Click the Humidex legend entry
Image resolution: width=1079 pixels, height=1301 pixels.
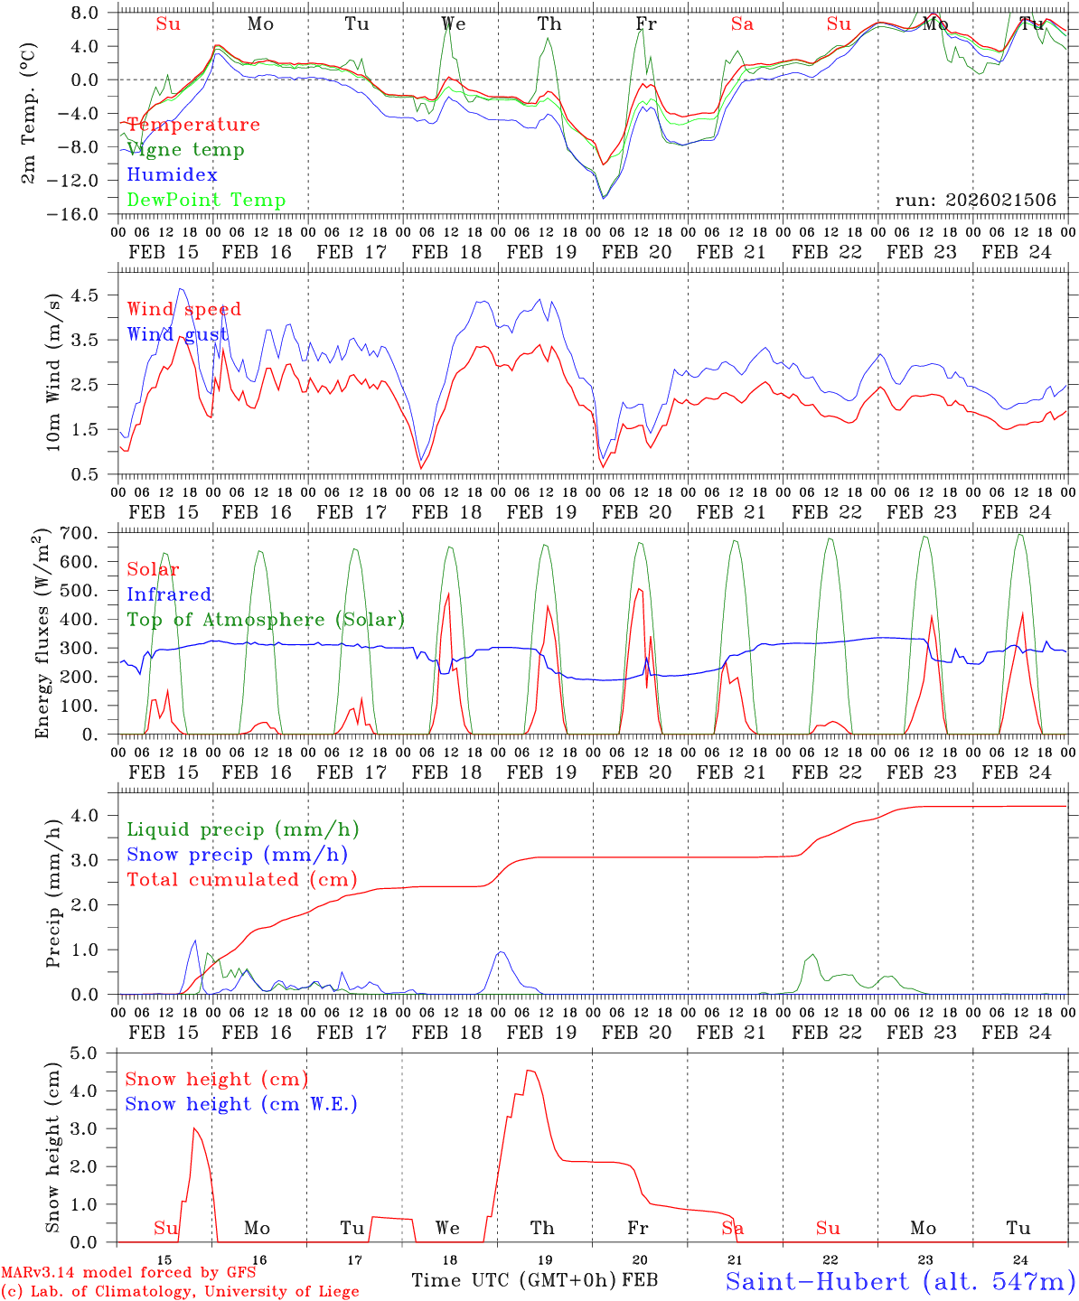pos(172,175)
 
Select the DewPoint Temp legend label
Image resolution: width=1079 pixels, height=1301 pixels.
pos(206,201)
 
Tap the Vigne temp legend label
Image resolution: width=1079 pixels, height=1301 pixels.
pos(185,150)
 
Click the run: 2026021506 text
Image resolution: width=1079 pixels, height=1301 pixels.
pos(975,201)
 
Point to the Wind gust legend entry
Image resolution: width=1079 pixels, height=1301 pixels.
pos(177,335)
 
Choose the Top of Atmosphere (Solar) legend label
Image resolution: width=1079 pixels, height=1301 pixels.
pos(266,620)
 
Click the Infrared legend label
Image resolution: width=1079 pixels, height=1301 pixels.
pos(169,594)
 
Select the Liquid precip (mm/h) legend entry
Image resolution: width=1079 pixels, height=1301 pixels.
pos(242,829)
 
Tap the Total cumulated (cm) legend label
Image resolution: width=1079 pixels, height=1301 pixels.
pos(242,880)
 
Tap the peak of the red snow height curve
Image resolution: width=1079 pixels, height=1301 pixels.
pos(530,1072)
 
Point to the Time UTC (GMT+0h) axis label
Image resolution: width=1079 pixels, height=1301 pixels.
pos(514,1280)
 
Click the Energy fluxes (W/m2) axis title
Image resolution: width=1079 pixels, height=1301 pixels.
pos(42,636)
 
